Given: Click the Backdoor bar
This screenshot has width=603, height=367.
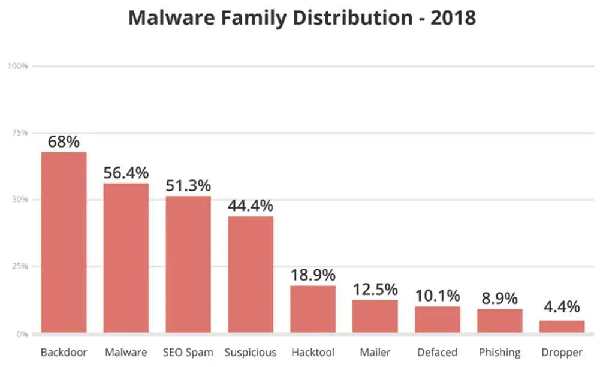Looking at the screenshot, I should pyautogui.click(x=64, y=243).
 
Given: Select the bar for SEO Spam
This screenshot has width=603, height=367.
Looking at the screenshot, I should pyautogui.click(x=188, y=264).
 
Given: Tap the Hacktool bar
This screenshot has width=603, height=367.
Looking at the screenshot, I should pyautogui.click(x=313, y=309).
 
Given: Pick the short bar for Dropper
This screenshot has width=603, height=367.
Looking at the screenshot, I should pyautogui.click(x=562, y=327).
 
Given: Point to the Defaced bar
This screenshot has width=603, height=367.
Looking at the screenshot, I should pyautogui.click(x=438, y=320).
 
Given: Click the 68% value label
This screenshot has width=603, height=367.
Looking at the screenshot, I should pyautogui.click(x=64, y=142).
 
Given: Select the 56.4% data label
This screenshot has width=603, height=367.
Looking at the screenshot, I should pyautogui.click(x=126, y=173).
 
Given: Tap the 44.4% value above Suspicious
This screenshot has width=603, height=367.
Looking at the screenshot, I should pyautogui.click(x=251, y=206).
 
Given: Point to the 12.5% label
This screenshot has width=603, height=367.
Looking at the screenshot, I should pyautogui.click(x=375, y=290).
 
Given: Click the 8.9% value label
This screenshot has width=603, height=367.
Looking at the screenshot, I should pyautogui.click(x=499, y=299).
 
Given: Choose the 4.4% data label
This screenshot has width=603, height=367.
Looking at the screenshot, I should pyautogui.click(x=562, y=308).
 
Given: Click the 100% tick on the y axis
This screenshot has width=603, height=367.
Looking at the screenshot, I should pyautogui.click(x=18, y=65).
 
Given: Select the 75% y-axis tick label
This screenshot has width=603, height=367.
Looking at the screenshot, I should pyautogui.click(x=19, y=133).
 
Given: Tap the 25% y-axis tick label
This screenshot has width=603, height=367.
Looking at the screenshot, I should pyautogui.click(x=19, y=266).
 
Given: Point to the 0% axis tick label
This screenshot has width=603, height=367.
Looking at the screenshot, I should pyautogui.click(x=22, y=333).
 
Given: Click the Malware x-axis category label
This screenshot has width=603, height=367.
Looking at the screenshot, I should pyautogui.click(x=126, y=352).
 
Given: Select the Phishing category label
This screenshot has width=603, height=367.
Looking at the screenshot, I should pyautogui.click(x=499, y=352).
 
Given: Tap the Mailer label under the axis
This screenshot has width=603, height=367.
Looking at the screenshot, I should pyautogui.click(x=375, y=352).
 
